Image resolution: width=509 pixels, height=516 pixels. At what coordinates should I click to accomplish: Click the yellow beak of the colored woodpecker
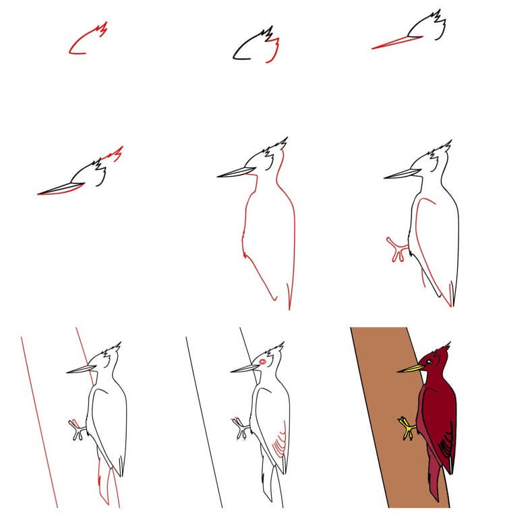pos(409,368)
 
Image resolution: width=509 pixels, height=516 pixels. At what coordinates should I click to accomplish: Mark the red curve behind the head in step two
pos(275,53)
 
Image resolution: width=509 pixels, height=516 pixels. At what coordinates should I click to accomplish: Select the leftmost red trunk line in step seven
pos(38,418)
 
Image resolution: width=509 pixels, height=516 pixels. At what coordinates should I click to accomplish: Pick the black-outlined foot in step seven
pos(78,430)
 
